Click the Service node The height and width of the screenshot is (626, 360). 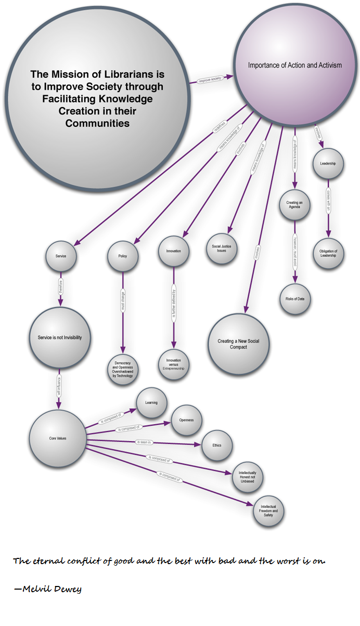61,256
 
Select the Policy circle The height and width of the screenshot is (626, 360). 122,256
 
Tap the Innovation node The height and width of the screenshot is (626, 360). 173,251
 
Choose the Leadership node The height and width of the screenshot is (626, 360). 328,163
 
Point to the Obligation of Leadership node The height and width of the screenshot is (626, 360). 328,253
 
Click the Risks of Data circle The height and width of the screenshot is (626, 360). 295,299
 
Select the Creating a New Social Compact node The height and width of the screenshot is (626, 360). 238,344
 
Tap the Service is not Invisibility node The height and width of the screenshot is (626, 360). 60,337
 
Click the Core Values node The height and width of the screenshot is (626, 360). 57,438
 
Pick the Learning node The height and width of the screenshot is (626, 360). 151,402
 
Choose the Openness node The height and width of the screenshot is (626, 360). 186,419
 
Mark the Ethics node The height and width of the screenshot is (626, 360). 217,445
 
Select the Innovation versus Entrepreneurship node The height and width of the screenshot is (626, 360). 174,364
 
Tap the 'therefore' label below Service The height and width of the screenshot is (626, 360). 60,285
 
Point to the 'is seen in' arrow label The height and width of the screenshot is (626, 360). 143,442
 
